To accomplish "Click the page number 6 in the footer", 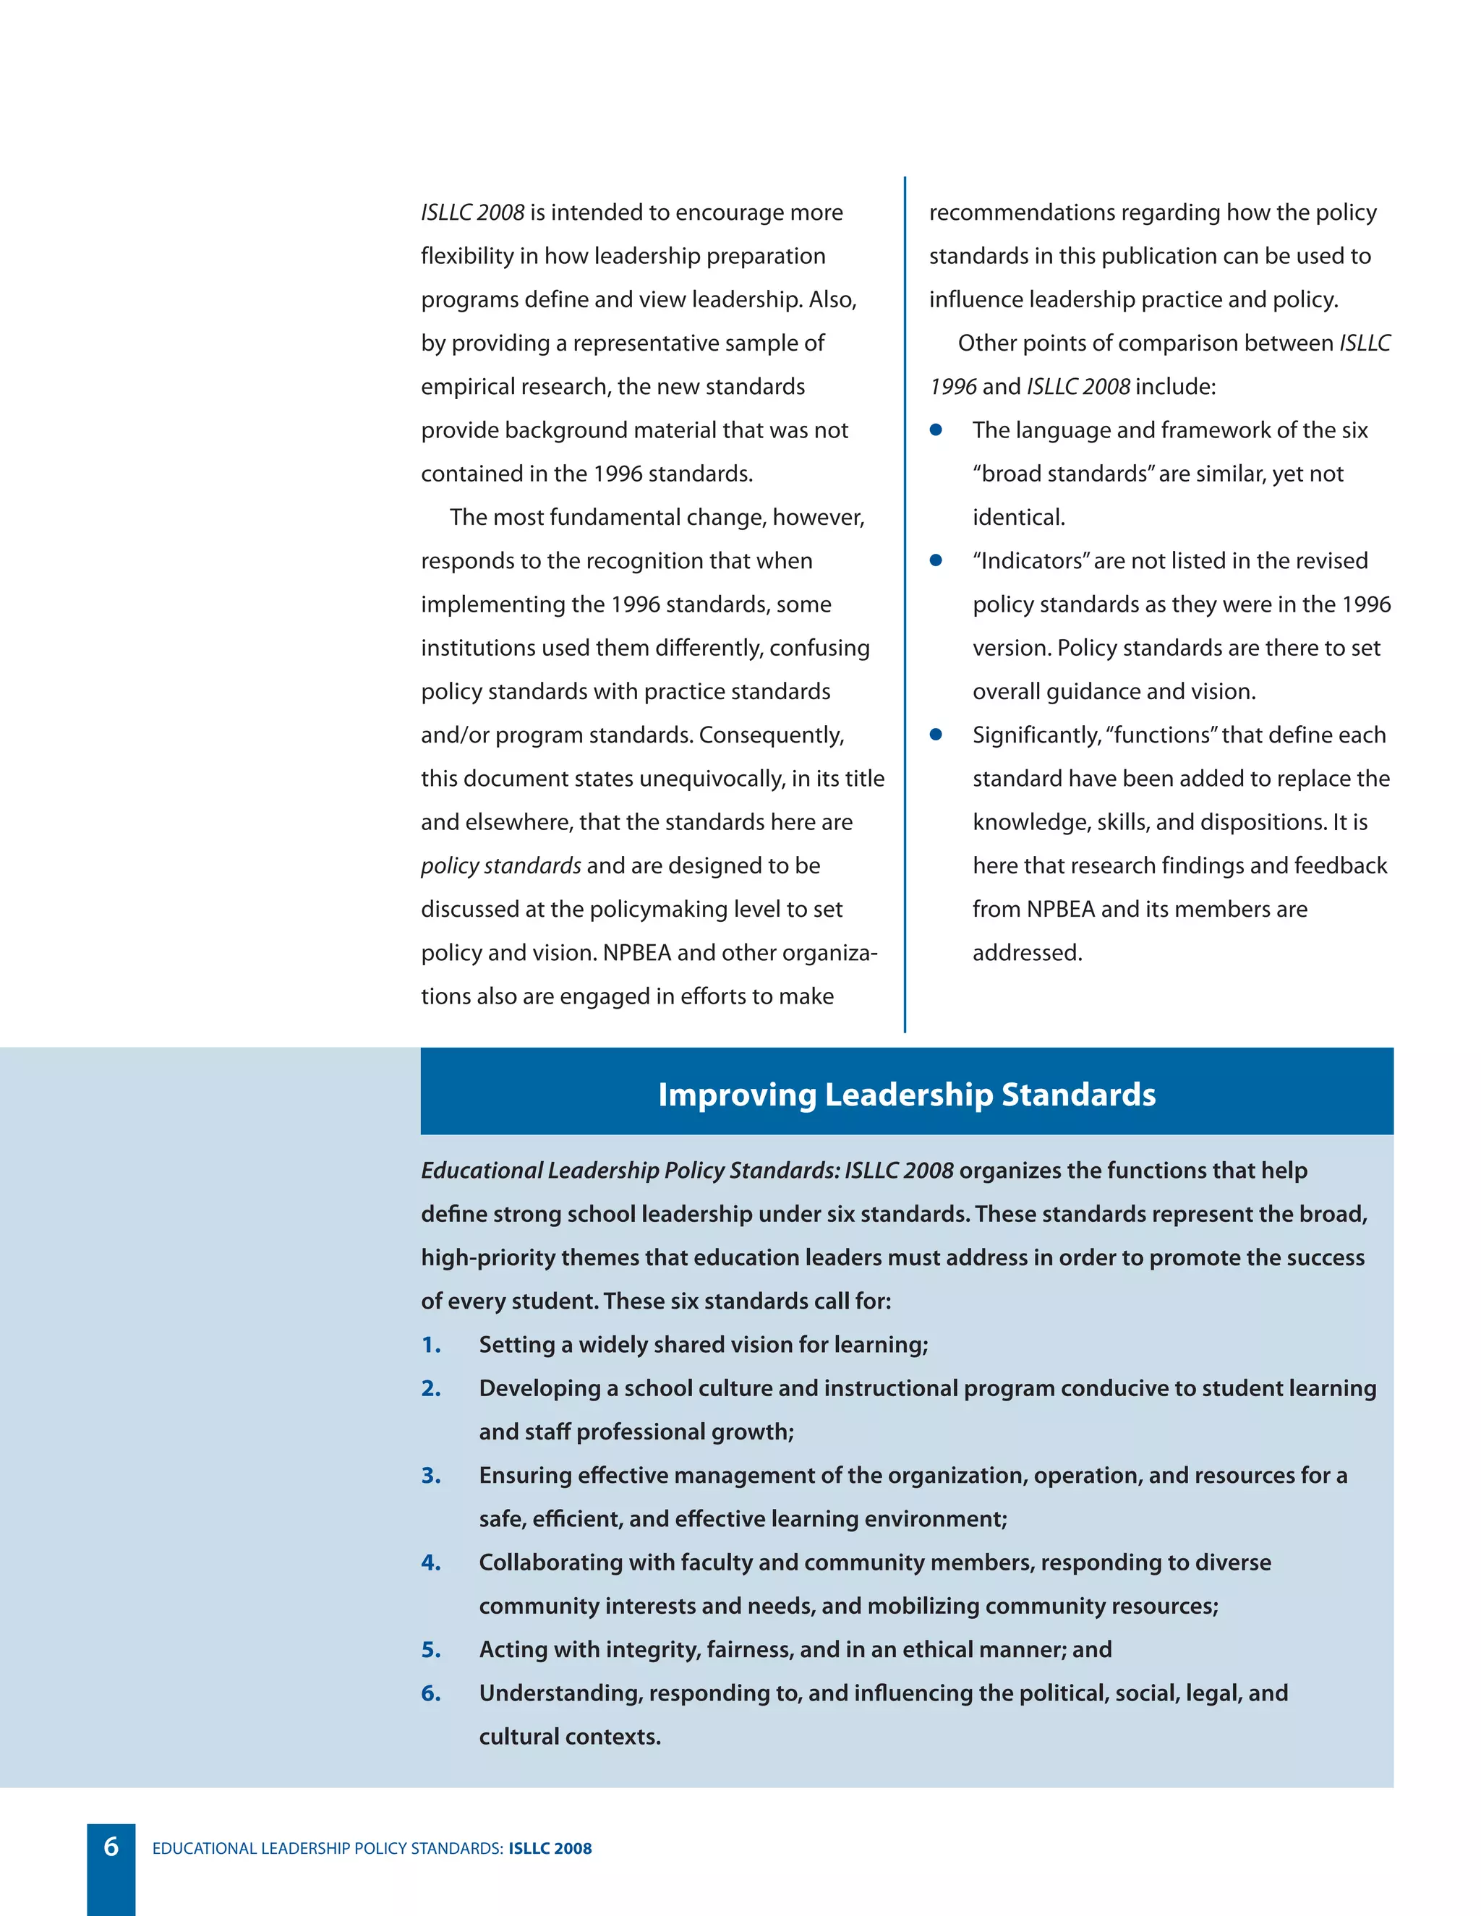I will [x=111, y=1847].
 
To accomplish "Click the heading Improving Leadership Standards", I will [x=906, y=1094].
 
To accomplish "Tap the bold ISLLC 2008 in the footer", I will [x=550, y=1849].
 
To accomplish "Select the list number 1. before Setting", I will [x=431, y=1345].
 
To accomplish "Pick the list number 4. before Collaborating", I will [x=431, y=1562].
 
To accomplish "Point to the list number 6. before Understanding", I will [x=431, y=1693].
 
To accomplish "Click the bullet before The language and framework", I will [x=936, y=430].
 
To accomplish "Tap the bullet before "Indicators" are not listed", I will [x=936, y=560].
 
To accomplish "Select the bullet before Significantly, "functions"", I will [x=936, y=735].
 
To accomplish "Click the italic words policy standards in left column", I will [x=500, y=866].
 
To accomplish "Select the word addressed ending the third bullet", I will [x=1027, y=953].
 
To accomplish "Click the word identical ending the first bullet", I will [x=1017, y=518].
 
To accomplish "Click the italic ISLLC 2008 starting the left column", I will [x=472, y=213].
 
